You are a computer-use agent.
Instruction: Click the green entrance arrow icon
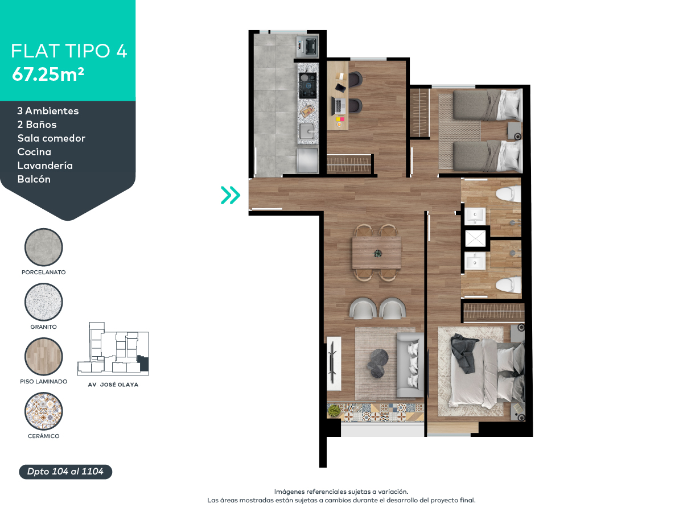(231, 195)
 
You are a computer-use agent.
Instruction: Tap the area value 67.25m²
(48, 74)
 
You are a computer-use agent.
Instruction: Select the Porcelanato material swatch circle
(44, 247)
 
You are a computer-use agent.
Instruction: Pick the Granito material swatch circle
(44, 303)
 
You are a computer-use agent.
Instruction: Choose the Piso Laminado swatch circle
(44, 357)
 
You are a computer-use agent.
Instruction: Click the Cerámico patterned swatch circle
(44, 411)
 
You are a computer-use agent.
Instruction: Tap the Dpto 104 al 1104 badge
(65, 472)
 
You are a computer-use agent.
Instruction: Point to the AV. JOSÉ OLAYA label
(113, 385)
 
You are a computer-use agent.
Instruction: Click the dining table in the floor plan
(376, 253)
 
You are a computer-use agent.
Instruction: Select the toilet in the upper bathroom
(508, 194)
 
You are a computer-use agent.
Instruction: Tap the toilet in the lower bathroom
(508, 284)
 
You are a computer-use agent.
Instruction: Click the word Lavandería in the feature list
(45, 166)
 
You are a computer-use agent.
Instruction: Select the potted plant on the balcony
(335, 411)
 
